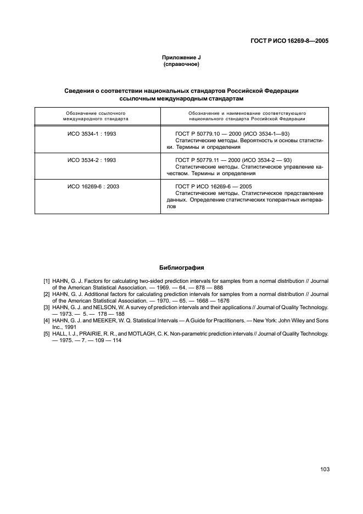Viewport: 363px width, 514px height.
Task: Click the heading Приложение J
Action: coord(181,58)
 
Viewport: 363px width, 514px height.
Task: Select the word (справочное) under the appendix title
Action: coord(181,64)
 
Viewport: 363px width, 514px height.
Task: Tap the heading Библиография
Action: coord(181,268)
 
